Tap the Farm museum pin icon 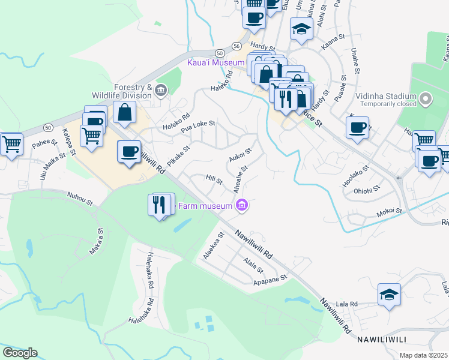[x=242, y=206]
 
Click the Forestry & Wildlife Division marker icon [x=160, y=91]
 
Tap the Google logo [x=20, y=353]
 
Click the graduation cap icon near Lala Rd [x=389, y=295]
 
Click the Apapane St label [x=271, y=279]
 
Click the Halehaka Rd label [x=149, y=266]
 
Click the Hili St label [x=214, y=179]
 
